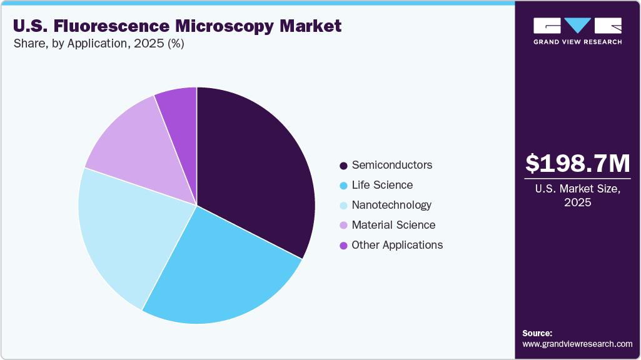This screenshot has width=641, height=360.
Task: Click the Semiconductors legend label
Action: pos(391,165)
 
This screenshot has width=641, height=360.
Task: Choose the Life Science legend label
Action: pos(382,185)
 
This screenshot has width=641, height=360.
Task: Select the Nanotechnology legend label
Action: pos(391,205)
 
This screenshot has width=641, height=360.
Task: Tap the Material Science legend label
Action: pos(393,225)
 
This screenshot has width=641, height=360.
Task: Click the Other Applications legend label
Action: pos(397,245)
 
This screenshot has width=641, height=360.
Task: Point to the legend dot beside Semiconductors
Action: pos(343,166)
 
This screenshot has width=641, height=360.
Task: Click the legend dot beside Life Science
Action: pos(343,186)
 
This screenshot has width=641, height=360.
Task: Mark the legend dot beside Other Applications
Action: pos(343,246)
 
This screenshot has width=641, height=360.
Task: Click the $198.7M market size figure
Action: pos(577,163)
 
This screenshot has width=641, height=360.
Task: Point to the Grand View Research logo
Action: pos(577,31)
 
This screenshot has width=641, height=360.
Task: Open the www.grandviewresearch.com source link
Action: pos(577,344)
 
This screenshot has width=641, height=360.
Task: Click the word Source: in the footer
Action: pos(537,333)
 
